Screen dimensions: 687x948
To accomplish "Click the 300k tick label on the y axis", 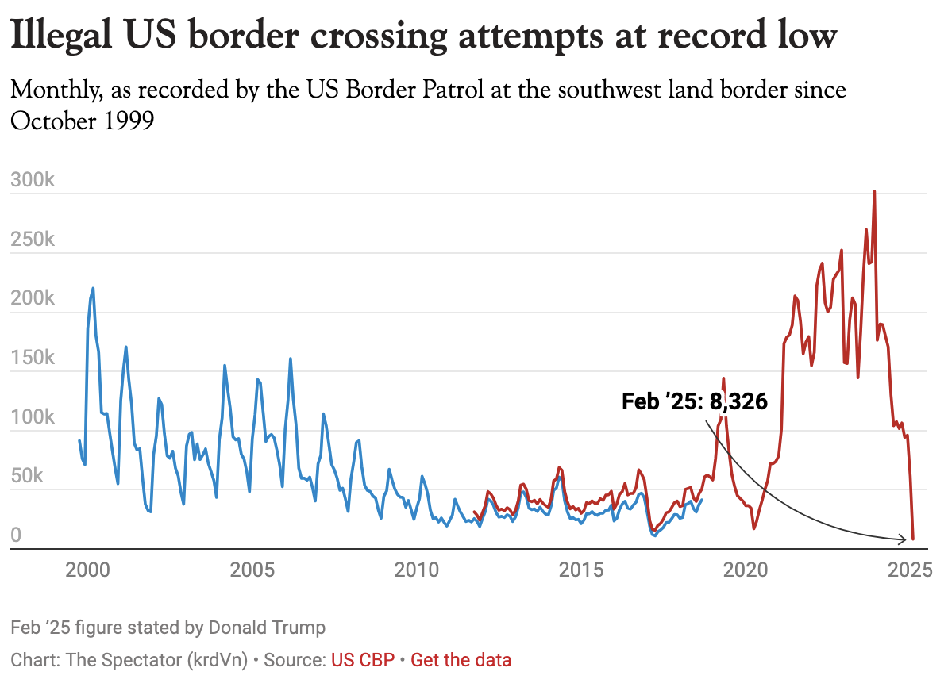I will (33, 180).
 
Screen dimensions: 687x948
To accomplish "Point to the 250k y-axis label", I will (33, 240).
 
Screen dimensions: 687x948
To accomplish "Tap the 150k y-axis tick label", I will (33, 359).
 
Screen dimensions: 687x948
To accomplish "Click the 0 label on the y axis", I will (17, 537).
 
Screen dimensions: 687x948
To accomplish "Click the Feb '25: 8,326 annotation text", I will (695, 402).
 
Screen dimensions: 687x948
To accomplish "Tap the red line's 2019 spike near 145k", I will (723, 378).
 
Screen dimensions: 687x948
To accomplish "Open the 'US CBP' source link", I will (362, 660).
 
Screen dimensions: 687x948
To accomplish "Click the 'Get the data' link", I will (461, 660).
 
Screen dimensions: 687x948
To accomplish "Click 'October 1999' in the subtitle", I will (82, 122).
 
